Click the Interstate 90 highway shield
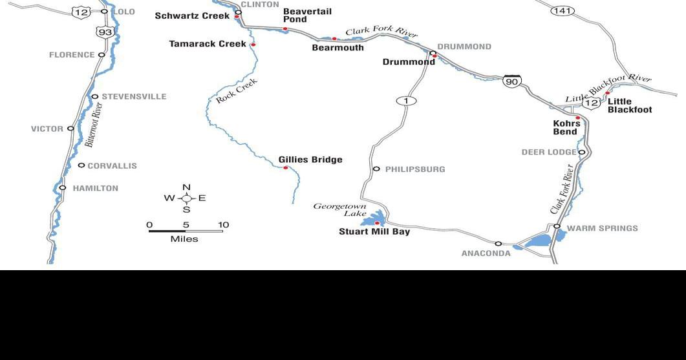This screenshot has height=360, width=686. (512, 81)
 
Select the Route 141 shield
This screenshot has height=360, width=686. (563, 10)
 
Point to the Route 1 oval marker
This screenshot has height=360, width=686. (406, 100)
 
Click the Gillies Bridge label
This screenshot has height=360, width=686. (310, 160)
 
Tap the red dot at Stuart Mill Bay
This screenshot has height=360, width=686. (378, 223)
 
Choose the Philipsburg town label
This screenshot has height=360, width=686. (415, 169)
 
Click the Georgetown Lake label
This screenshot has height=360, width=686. (339, 209)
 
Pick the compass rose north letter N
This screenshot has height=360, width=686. (186, 187)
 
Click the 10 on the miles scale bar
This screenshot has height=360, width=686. (223, 225)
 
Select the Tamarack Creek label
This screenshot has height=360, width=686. (208, 44)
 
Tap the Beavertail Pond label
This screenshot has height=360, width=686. (307, 16)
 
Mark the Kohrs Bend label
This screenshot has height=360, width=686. (566, 127)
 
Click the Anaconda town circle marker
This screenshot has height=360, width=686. (498, 244)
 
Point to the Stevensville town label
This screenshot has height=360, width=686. (134, 97)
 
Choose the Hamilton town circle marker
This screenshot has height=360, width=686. (63, 188)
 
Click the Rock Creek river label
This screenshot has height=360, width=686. (237, 91)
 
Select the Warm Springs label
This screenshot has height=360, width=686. (602, 228)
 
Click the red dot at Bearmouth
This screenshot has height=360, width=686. (334, 39)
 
